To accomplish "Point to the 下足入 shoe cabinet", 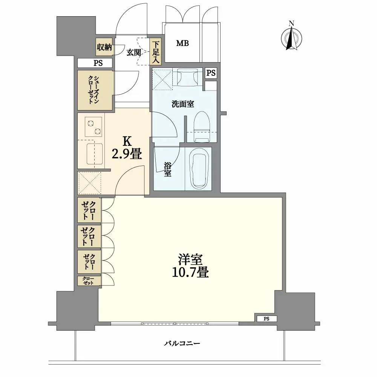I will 156,52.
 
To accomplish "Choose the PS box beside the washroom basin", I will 211,74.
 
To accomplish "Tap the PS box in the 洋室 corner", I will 266,319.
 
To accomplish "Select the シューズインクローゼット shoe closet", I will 95,90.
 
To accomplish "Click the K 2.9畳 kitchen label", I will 127,148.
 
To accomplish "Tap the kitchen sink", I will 94,153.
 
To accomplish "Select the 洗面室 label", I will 182,104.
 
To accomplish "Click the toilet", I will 202,126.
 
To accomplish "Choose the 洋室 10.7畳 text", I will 190,266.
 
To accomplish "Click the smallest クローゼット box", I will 89,280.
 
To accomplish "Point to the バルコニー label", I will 182,343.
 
